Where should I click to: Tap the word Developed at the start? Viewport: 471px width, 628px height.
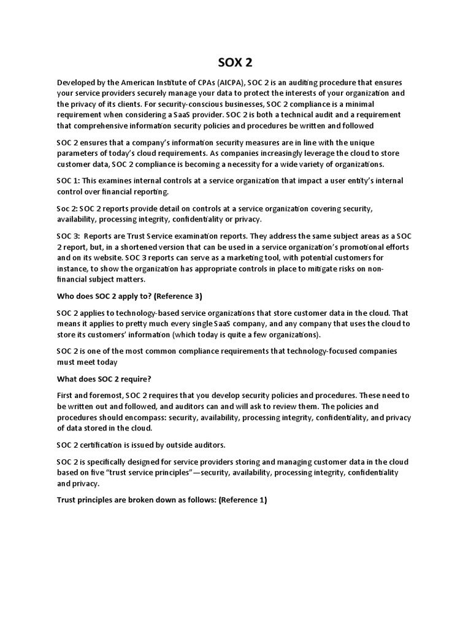point(78,83)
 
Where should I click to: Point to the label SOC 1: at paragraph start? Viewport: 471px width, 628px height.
point(68,181)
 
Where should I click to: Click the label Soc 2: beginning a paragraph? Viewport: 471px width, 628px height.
point(67,208)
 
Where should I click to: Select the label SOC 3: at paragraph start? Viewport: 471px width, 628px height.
point(68,235)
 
